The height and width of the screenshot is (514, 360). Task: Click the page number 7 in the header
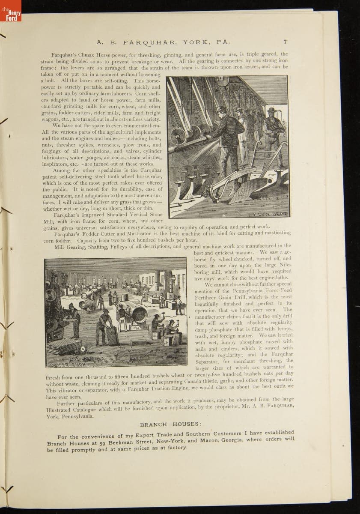pyautogui.click(x=285, y=42)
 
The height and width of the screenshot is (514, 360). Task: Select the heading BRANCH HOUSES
pyautogui.click(x=170, y=424)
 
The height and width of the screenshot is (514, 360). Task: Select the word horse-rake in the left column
pyautogui.click(x=149, y=176)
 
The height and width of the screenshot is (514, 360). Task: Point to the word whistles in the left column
pyautogui.click(x=150, y=158)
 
